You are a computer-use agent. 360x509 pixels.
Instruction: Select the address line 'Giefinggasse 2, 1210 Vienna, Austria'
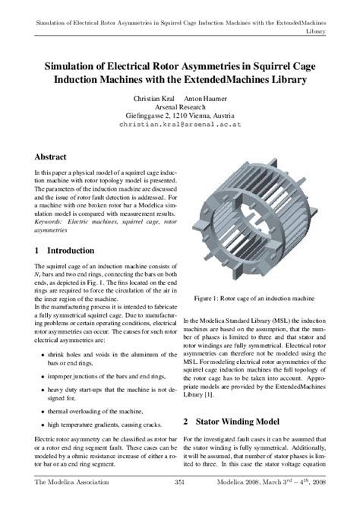click(x=180, y=114)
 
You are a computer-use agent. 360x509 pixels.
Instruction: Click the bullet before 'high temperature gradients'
click(x=39, y=425)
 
